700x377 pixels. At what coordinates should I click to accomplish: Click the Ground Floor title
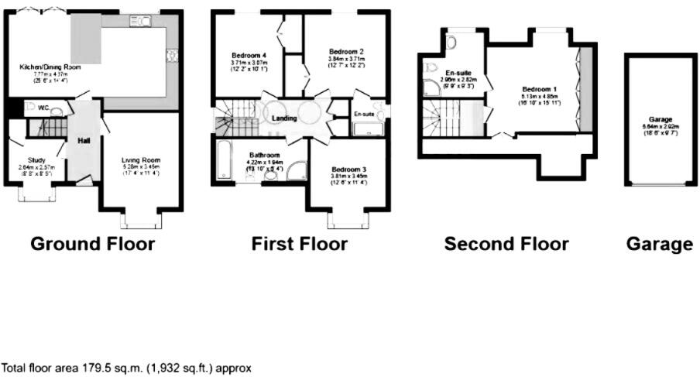[92, 245]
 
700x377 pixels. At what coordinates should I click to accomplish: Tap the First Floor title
[300, 245]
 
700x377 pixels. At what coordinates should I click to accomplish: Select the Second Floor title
[506, 245]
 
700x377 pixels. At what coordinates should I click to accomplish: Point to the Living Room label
[139, 161]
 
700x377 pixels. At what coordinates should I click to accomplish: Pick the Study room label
[36, 160]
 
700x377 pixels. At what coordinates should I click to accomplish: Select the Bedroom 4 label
[249, 56]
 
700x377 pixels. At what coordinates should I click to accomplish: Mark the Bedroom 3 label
[348, 170]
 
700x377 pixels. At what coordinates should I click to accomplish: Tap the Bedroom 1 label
[537, 89]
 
